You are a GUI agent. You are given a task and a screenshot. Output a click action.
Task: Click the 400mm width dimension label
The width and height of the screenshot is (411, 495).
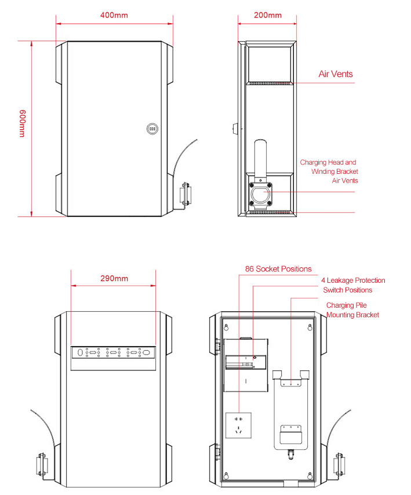(114, 15)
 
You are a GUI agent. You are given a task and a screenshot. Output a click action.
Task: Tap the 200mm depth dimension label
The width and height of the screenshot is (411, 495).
(268, 15)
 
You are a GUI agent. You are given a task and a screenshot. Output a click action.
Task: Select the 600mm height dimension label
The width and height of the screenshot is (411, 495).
(22, 123)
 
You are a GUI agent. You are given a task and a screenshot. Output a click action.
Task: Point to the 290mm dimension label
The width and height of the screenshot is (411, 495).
(114, 278)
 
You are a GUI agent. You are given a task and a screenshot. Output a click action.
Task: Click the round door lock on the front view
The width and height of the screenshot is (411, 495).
(152, 129)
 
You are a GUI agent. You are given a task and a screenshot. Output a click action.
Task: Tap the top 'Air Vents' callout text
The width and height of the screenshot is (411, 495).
(336, 74)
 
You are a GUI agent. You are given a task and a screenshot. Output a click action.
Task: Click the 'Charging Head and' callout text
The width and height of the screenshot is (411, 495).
(328, 162)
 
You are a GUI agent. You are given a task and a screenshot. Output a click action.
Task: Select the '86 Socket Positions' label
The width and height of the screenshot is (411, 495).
(278, 269)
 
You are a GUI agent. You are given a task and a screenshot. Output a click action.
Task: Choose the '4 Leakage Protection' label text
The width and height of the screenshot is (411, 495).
(353, 281)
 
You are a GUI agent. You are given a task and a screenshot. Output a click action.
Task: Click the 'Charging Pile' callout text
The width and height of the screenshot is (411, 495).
(346, 305)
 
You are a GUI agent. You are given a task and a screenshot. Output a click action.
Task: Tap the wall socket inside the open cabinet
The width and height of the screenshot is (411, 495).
(238, 425)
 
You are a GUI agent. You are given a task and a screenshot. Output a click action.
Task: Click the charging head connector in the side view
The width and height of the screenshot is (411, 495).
(260, 195)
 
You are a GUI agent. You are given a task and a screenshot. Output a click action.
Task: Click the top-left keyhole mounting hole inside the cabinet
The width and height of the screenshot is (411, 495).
(226, 327)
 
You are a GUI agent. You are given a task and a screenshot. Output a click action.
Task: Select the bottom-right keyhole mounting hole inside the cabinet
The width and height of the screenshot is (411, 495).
(310, 475)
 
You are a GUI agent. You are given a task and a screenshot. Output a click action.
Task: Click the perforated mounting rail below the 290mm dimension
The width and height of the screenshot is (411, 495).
(113, 352)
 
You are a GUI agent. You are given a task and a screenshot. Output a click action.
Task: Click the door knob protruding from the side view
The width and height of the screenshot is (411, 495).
(235, 129)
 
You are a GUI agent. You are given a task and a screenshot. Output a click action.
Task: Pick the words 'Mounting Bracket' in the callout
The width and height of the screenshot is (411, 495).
(352, 315)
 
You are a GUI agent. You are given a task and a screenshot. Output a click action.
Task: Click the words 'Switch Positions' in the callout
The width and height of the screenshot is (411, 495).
(348, 290)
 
